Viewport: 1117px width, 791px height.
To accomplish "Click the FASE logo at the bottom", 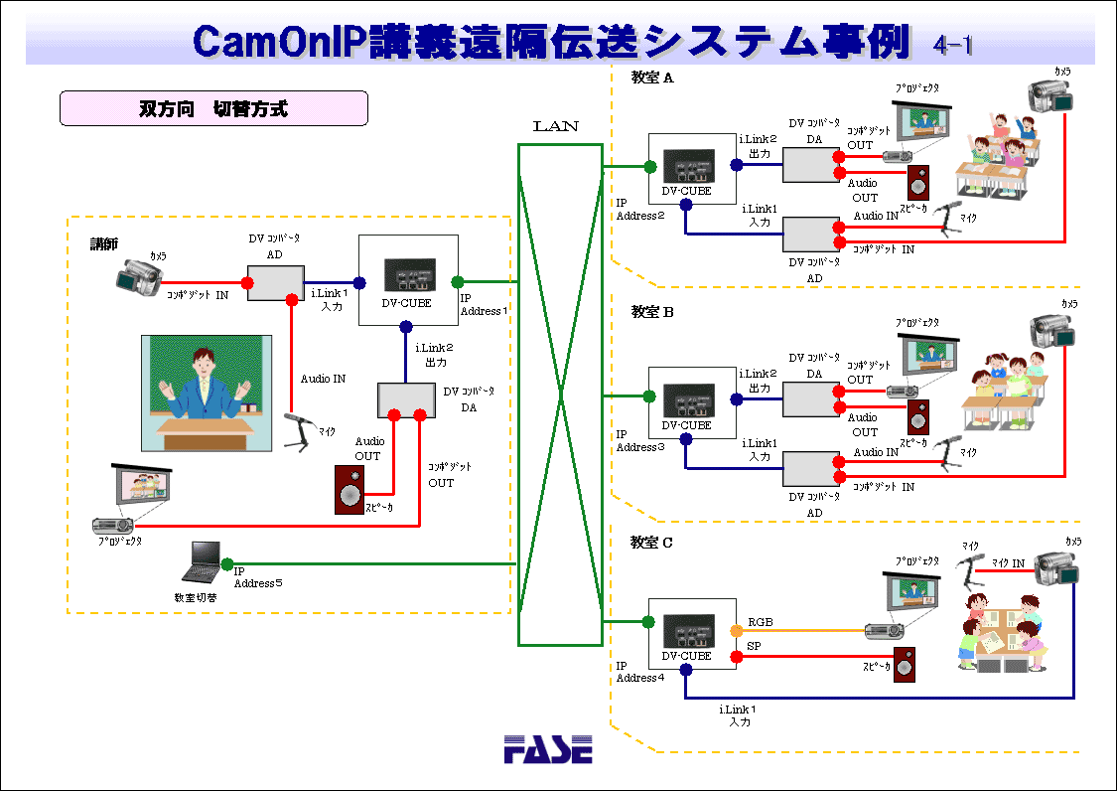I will [x=547, y=748].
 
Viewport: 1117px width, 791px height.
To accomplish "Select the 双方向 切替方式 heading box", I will [x=213, y=108].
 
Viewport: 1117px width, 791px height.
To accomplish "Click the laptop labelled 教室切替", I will [x=202, y=563].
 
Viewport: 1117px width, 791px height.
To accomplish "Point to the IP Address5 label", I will [x=258, y=577].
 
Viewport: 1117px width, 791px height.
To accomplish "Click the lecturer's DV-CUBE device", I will [x=408, y=279].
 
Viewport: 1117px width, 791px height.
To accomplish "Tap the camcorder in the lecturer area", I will [x=137, y=278].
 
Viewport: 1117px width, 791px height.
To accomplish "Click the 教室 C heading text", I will [x=651, y=543].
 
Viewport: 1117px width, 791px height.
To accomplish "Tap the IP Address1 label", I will [x=483, y=304].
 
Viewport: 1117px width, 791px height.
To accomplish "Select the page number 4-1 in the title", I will [x=953, y=45].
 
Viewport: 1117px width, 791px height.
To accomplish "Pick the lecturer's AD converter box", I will [x=275, y=283].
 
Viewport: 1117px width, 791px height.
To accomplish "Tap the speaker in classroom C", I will [x=904, y=665].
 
